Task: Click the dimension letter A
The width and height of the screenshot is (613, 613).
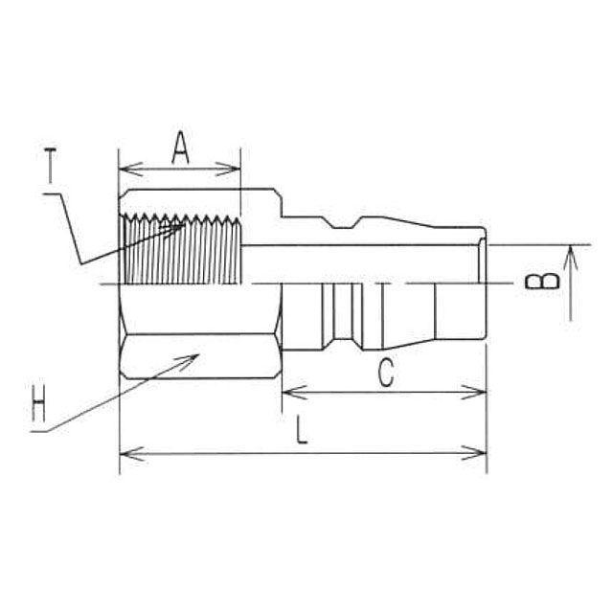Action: (x=180, y=148)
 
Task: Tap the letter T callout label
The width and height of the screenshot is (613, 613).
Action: (x=50, y=166)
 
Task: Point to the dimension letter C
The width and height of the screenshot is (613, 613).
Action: (x=386, y=373)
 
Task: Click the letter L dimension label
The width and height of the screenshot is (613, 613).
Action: (x=302, y=430)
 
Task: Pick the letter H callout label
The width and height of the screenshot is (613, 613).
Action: (x=38, y=403)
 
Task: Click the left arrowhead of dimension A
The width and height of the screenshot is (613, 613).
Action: (x=130, y=170)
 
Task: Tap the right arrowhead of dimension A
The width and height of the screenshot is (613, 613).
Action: (x=228, y=170)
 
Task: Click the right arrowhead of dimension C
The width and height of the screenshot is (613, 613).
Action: (x=473, y=392)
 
